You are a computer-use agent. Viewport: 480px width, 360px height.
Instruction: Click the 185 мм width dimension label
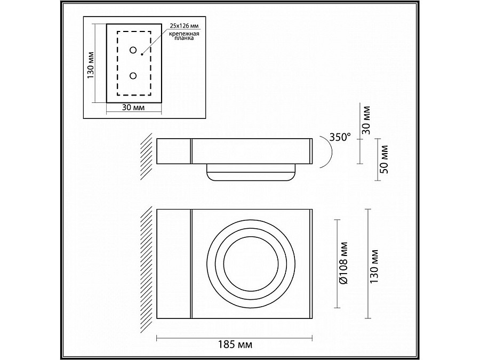[x=235, y=345]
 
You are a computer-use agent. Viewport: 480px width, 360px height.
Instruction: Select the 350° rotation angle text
[x=340, y=137]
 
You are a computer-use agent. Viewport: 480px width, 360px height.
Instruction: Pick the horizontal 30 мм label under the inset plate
[x=134, y=107]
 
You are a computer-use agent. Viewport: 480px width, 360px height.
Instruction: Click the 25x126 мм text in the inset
[x=184, y=26]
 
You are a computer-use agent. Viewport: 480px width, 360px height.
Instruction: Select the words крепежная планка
[x=184, y=37]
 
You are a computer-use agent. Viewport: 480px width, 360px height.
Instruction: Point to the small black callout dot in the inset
[x=142, y=53]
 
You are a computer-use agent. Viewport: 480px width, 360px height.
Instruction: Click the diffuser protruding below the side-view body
[x=250, y=173]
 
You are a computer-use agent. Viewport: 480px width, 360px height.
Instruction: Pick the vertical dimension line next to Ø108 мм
[x=338, y=262]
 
